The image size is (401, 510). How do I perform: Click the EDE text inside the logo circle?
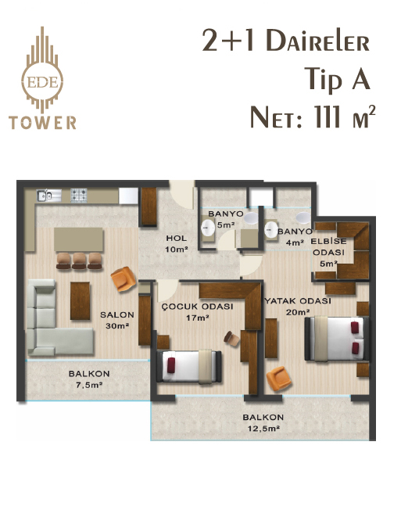(42, 82)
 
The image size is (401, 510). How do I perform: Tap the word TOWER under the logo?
(42, 123)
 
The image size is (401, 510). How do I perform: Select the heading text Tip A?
(338, 79)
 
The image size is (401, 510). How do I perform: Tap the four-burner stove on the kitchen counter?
(79, 196)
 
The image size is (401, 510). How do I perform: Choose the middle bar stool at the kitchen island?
(79, 260)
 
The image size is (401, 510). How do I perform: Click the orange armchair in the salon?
(124, 278)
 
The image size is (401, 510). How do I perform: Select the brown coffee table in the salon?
(80, 301)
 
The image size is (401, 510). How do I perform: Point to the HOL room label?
(177, 238)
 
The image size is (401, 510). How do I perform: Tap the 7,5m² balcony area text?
(89, 385)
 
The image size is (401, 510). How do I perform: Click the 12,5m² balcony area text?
(263, 429)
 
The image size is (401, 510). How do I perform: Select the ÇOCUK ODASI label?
(197, 307)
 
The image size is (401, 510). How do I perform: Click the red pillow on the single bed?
(171, 365)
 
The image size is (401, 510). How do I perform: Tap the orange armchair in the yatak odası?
(278, 379)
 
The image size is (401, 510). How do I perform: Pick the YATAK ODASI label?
(298, 301)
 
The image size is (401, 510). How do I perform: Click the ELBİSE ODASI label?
(328, 247)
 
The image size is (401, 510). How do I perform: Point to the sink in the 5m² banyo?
(208, 228)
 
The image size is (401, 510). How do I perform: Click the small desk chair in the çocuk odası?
(231, 338)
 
